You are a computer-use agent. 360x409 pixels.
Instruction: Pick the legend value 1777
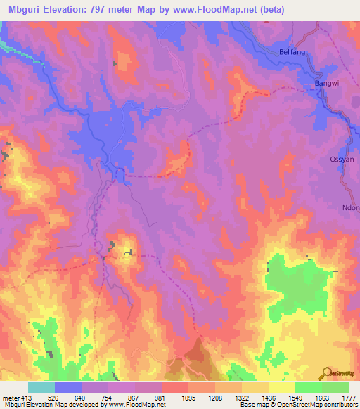pyautogui.click(x=348, y=397)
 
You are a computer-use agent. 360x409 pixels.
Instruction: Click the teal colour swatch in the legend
pyautogui.click(x=41, y=387)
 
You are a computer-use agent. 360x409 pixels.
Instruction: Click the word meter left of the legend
pyautogui.click(x=9, y=397)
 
